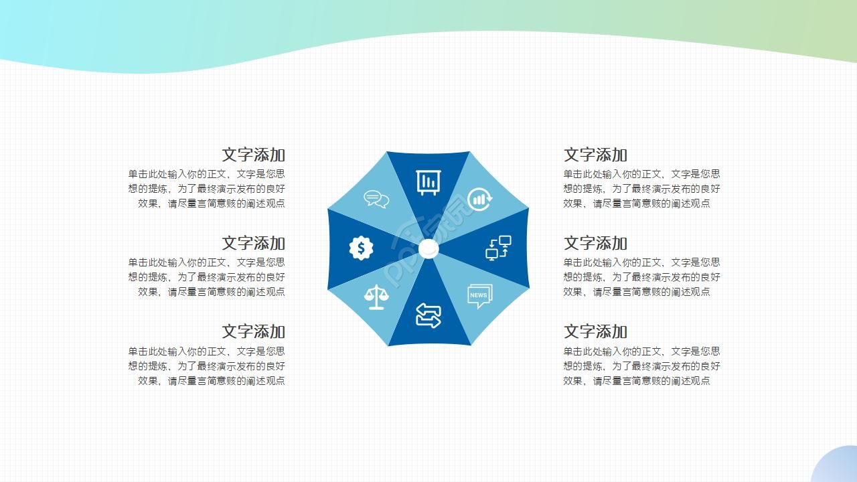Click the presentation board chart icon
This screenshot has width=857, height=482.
coord(428,182)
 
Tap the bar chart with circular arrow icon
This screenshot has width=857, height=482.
coord(479,199)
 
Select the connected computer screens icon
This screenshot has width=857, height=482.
coord(498,248)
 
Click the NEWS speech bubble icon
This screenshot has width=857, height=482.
coord(479,296)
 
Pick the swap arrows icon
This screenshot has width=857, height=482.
coord(428,315)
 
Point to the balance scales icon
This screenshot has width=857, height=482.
coord(376,297)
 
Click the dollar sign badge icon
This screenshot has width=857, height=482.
coord(361,248)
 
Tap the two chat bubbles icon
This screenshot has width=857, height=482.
coord(376,199)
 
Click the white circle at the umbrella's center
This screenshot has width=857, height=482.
coord(428,249)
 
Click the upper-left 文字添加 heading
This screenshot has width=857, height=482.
coord(253,155)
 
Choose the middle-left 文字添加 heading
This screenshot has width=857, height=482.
coord(253,244)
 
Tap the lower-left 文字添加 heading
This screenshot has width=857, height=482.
coord(253,332)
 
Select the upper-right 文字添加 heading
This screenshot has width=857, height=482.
coord(595,155)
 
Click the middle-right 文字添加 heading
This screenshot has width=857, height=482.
coord(595,244)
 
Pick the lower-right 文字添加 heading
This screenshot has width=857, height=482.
coord(595,332)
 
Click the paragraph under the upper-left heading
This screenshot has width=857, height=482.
coord(207,189)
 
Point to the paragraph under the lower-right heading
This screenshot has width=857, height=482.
coord(641,366)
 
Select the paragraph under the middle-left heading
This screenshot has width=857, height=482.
coord(207,277)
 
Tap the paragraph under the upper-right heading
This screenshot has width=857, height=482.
coord(641,189)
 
